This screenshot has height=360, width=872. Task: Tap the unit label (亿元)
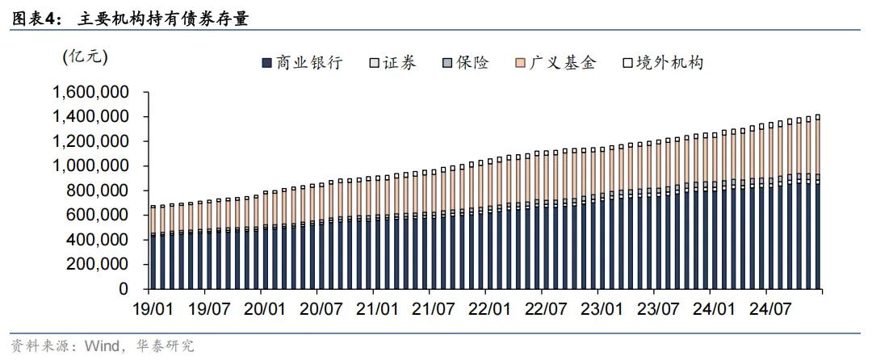coord(85,57)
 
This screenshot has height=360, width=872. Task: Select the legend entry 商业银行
coord(302,63)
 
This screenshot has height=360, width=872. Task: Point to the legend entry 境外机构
coord(662,63)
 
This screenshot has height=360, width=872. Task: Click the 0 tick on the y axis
coord(123,289)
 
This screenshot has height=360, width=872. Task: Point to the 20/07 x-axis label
coord(321,308)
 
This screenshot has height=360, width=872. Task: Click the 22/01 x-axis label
coord(489,308)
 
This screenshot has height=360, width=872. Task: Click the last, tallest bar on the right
coord(818,202)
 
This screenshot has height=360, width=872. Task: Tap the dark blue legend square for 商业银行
coord(267,63)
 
